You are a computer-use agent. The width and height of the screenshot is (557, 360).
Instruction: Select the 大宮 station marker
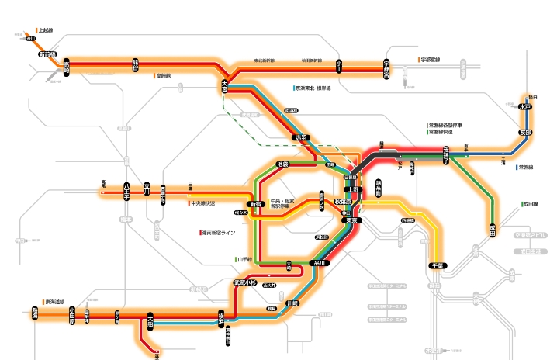click(x=226, y=85)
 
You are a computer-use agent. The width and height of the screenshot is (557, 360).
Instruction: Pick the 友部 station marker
click(x=526, y=133)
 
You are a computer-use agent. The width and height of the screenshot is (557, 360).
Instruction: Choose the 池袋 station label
click(x=283, y=164)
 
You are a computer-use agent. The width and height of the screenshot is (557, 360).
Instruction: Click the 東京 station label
click(x=351, y=220)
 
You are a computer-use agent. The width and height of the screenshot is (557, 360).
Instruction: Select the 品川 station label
click(x=319, y=263)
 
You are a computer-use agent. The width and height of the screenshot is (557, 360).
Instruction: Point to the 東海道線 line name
click(x=54, y=302)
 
